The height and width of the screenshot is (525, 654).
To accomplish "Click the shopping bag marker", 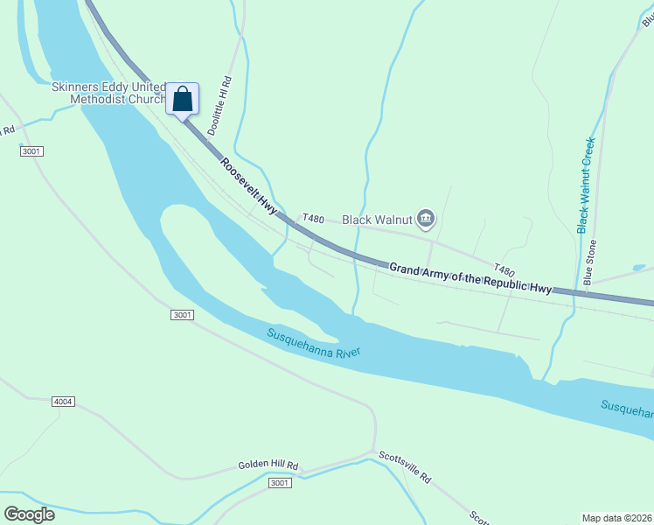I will click(x=182, y=100).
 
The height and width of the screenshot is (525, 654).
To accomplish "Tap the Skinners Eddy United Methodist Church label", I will click(x=109, y=94).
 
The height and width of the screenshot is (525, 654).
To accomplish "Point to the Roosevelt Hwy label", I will click(x=248, y=185).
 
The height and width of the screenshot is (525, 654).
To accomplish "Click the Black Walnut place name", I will click(x=376, y=219).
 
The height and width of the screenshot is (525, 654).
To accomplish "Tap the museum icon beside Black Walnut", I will click(x=426, y=219).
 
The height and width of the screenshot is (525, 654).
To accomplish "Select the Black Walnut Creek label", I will click(x=586, y=185).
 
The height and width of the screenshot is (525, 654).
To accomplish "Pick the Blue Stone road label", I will click(x=590, y=262).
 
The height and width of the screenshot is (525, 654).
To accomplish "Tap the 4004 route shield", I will click(x=62, y=402).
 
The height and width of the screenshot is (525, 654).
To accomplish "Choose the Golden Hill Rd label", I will click(x=268, y=465).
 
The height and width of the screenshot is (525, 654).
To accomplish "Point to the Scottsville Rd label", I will click(x=405, y=466).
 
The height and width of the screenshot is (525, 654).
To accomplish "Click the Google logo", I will click(x=28, y=514).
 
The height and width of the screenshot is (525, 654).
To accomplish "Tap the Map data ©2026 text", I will click(x=616, y=518).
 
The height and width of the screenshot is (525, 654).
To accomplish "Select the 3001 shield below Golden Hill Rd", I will click(x=279, y=483).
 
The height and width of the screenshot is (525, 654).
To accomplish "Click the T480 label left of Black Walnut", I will click(x=313, y=218).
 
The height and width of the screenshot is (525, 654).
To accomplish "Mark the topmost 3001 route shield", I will click(x=31, y=151).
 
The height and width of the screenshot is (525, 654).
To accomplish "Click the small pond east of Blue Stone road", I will click(x=638, y=268).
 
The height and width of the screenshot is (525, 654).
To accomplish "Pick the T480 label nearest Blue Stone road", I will click(x=504, y=270).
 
